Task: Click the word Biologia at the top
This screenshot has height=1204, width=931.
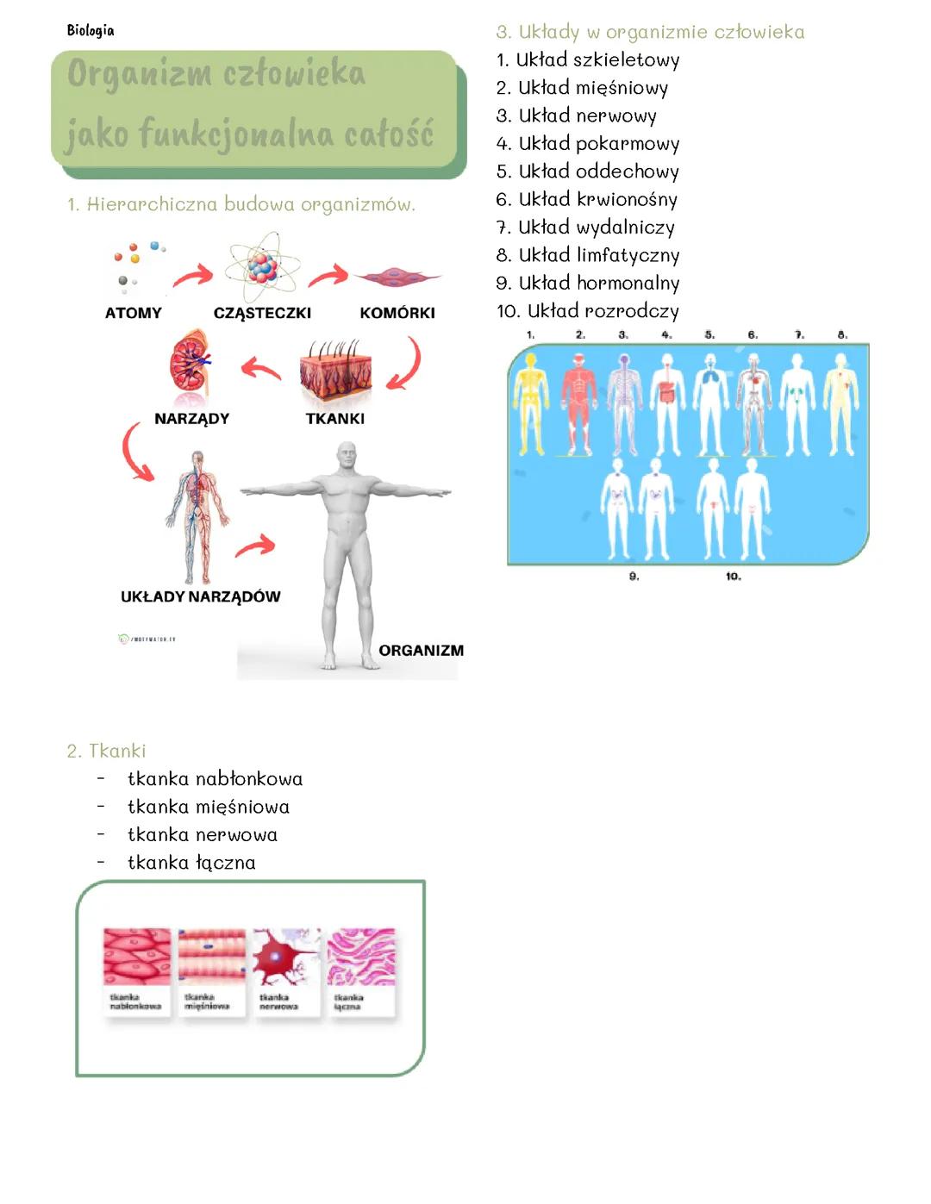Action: pyautogui.click(x=91, y=30)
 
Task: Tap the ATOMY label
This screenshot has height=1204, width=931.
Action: pyautogui.click(x=134, y=313)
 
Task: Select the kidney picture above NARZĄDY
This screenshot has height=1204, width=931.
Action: pyautogui.click(x=190, y=365)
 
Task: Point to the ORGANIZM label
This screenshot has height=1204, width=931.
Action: pyautogui.click(x=421, y=651)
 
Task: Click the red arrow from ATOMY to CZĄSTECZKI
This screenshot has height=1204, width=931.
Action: pyautogui.click(x=193, y=276)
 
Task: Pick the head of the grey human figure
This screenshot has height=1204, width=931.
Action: pyautogui.click(x=347, y=457)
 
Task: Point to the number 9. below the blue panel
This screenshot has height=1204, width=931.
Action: pyautogui.click(x=634, y=577)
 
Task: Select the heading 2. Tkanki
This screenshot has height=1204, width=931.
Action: pyautogui.click(x=107, y=751)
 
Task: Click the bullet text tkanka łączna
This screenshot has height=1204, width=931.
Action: pyautogui.click(x=191, y=863)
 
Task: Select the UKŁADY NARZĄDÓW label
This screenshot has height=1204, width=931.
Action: pyautogui.click(x=200, y=596)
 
